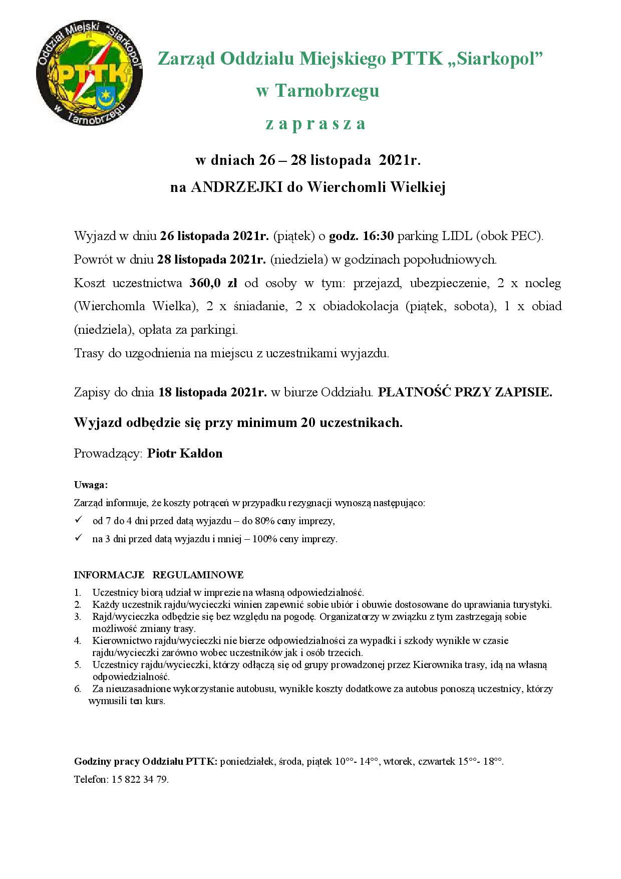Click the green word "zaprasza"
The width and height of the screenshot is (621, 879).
316,123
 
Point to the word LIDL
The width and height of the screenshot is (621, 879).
455,236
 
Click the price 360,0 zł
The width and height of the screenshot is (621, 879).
213,283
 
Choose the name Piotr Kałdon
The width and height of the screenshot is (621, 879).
185,454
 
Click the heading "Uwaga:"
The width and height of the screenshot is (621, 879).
91,485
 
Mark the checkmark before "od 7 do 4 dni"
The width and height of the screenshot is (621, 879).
78,520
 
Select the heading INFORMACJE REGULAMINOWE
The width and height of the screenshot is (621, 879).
159,574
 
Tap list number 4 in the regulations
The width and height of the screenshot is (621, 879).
78,640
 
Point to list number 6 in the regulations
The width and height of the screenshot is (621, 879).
78,689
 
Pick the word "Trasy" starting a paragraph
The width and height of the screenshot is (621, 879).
89,353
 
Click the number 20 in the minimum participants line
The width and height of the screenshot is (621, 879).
307,422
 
